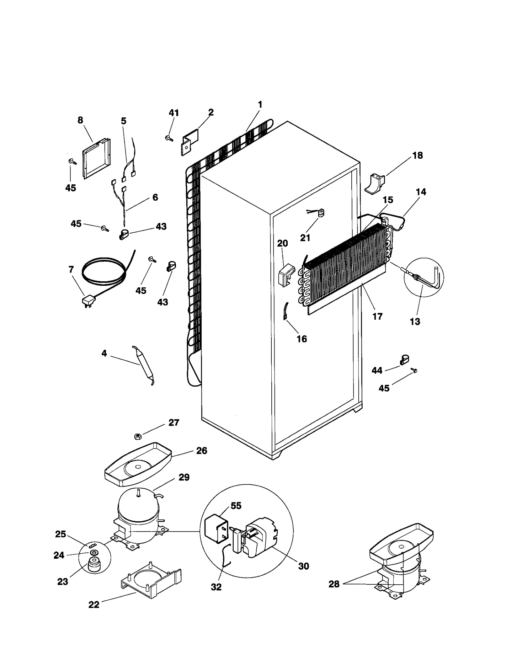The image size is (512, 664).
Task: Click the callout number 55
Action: tap(236, 506)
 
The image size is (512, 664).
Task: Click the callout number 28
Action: tap(334, 584)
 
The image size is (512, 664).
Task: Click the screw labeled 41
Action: tap(169, 138)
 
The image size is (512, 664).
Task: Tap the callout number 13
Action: tap(415, 322)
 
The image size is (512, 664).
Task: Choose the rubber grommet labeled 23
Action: tap(94, 564)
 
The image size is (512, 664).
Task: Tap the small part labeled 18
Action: tap(374, 184)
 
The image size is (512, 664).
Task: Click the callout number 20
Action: tap(282, 243)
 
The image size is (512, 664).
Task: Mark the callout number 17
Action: tap(377, 316)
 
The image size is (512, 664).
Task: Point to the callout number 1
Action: tap(260, 105)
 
